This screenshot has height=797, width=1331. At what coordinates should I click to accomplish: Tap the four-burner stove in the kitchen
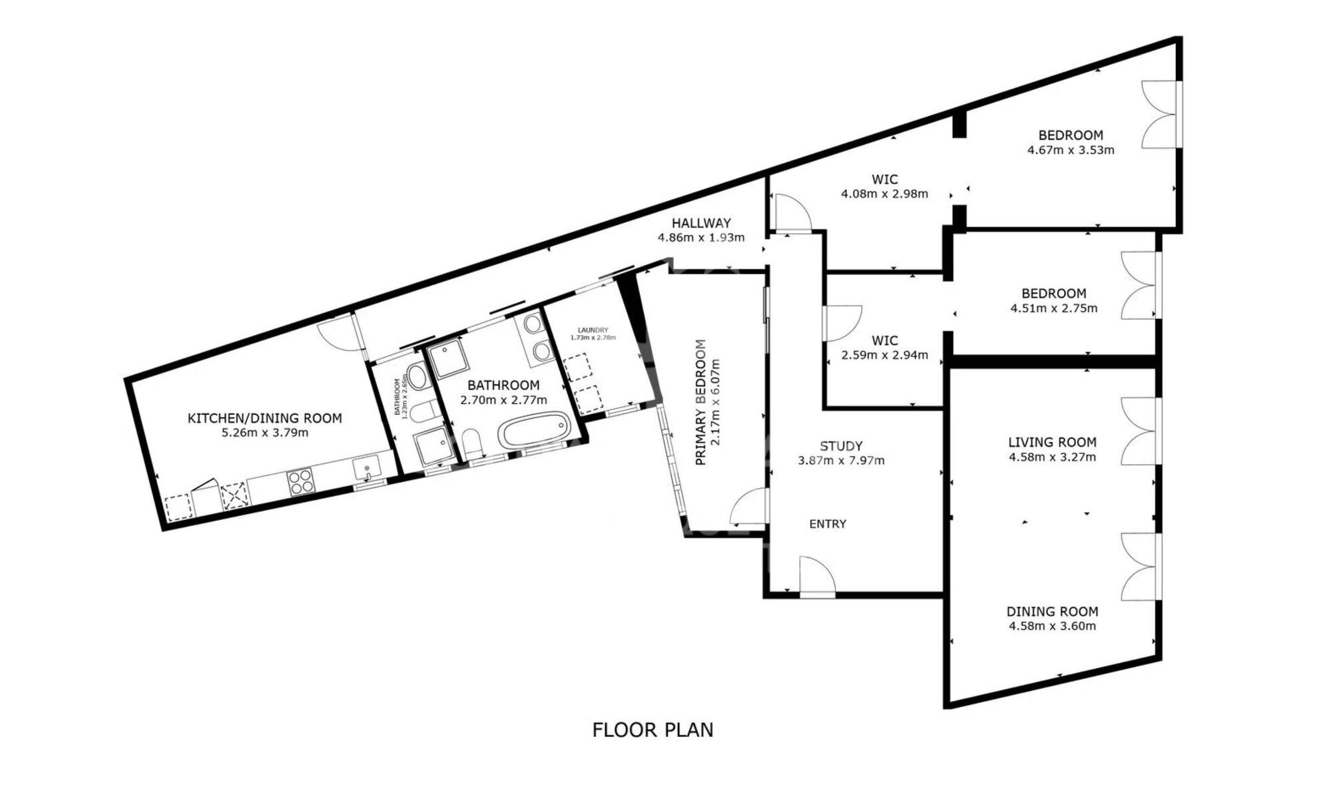point(300,481)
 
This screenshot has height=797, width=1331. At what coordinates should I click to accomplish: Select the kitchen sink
point(366,467)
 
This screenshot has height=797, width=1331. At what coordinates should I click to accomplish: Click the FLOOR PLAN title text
point(653,730)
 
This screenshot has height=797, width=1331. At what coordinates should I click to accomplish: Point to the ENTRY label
point(828,524)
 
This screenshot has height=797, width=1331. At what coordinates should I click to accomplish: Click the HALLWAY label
point(700,223)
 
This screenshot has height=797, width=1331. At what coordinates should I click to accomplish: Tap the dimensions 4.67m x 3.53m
point(1070,150)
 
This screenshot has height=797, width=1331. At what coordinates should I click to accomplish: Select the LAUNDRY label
point(593,330)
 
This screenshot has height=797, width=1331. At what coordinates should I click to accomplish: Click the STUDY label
point(841,446)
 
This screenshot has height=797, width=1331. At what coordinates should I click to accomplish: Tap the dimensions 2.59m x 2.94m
point(884,355)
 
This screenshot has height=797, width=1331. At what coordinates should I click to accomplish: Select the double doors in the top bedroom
point(1161,114)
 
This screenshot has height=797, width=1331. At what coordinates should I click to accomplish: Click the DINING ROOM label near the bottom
point(1051,611)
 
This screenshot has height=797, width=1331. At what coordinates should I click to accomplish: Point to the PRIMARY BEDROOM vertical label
point(700,402)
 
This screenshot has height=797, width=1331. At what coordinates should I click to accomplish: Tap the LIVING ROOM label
point(1051,442)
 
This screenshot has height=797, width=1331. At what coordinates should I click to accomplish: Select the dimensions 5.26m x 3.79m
point(264,433)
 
